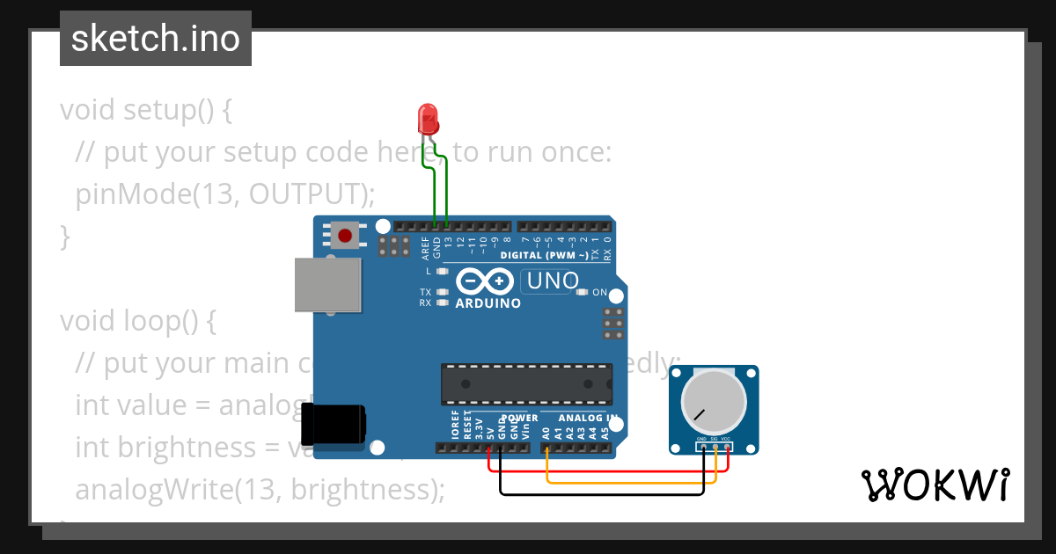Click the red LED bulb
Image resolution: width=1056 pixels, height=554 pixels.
coord(428,117)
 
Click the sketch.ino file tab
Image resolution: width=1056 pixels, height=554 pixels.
coord(156,39)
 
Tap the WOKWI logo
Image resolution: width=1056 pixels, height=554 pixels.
coord(935,485)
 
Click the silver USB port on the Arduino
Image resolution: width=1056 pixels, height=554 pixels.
coord(328,284)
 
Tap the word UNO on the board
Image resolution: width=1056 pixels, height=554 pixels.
coord(552,281)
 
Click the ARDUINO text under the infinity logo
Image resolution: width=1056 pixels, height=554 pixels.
coord(488,303)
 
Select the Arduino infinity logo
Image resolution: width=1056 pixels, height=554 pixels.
coord(485,281)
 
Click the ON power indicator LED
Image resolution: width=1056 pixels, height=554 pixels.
coord(582,292)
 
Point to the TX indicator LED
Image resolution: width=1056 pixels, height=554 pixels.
coord(443,292)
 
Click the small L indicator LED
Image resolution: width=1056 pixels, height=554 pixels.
coord(443,272)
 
